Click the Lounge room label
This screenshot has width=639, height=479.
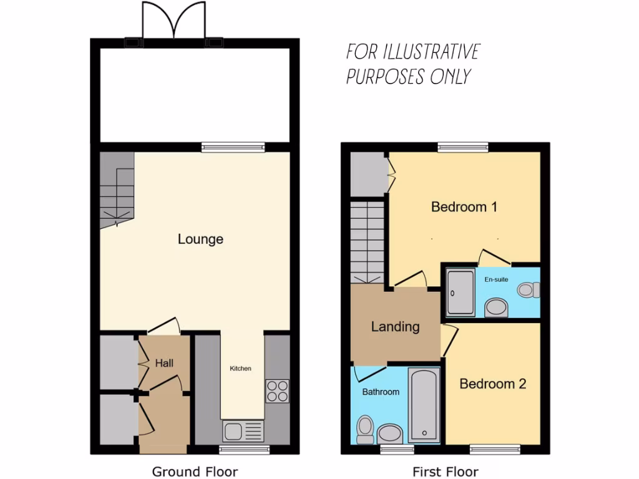coord(200,239)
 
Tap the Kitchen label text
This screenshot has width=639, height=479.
coord(240,369)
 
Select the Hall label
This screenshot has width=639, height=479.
coord(164,363)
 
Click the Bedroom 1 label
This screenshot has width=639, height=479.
coord(464,206)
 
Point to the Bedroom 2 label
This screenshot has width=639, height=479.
coord(492,384)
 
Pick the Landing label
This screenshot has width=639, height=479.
coord(395,326)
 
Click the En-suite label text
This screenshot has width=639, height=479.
coord(497,279)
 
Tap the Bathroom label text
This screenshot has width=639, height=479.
coord(381,392)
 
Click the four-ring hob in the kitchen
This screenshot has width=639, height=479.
coord(277,390)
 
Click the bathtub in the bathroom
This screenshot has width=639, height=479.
coord(424,404)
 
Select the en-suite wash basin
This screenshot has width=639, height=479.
coord(497,307)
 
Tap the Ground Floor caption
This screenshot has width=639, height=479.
coord(195,472)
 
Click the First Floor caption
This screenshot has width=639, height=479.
coord(446,472)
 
